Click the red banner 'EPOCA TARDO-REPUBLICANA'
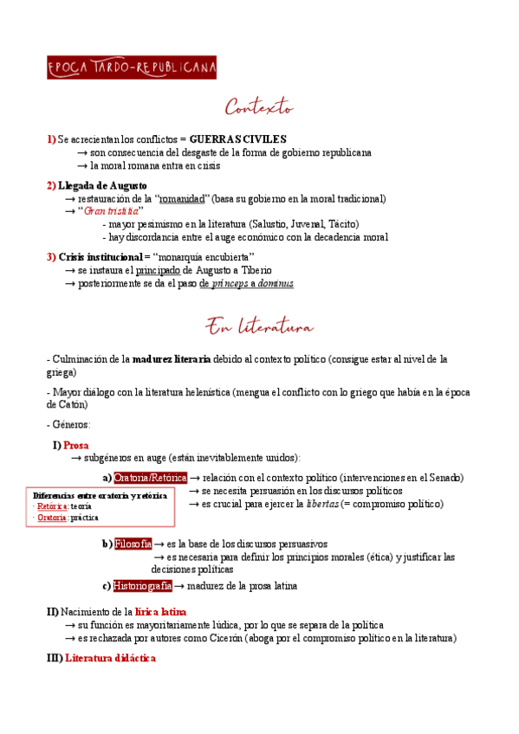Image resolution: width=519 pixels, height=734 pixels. click(x=132, y=68)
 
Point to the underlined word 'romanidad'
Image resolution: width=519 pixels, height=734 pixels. click(x=188, y=198)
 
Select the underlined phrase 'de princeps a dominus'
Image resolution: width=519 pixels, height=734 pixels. click(x=246, y=283)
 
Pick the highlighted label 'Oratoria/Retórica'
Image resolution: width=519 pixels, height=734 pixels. click(x=151, y=478)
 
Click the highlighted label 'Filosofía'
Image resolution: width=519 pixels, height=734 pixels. click(x=133, y=544)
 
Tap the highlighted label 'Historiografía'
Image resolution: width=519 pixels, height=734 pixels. click(x=143, y=586)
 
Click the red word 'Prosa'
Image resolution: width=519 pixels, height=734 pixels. click(x=76, y=445)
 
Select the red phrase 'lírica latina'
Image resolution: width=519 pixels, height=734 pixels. click(x=155, y=612)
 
